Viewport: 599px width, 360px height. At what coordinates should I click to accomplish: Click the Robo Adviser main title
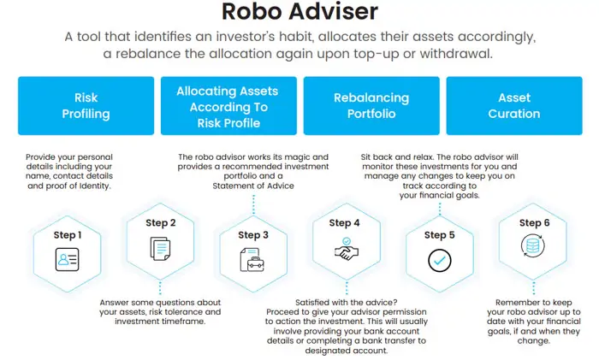(299, 13)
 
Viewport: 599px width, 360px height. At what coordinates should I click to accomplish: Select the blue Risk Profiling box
(86, 106)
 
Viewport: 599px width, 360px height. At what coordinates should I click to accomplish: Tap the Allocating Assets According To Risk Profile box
(228, 106)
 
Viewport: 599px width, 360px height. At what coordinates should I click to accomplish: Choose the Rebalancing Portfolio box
(371, 106)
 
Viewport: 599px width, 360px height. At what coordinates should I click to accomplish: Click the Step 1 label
(68, 235)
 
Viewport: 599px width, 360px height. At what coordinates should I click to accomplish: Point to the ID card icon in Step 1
(68, 259)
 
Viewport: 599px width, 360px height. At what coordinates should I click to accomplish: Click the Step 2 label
(161, 223)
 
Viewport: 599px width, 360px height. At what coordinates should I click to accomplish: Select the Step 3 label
(253, 235)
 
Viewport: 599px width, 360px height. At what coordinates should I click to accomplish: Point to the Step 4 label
(346, 223)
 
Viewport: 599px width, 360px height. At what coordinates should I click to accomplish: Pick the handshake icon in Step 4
(346, 248)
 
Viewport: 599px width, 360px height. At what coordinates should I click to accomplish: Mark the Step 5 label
(439, 235)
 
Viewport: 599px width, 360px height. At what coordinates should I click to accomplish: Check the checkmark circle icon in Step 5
(439, 259)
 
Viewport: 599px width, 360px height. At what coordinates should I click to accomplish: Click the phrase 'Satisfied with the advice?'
(346, 303)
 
